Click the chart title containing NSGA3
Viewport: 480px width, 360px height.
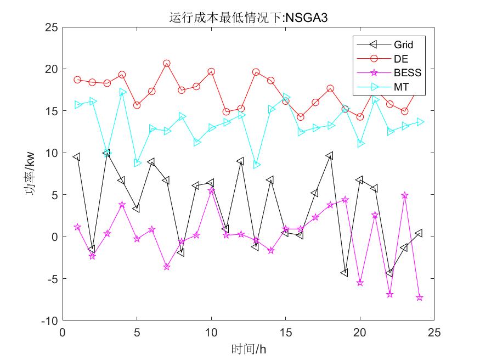coord(249,18)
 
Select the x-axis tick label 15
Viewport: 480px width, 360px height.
coord(285,333)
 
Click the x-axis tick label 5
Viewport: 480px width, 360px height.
coord(137,333)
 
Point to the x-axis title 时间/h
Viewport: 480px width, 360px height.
coord(249,348)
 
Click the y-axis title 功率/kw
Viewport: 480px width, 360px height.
coord(31,173)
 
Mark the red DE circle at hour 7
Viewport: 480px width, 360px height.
coord(166,64)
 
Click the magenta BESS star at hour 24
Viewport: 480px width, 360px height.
coord(420,297)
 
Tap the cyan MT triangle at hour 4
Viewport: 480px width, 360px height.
coord(122,92)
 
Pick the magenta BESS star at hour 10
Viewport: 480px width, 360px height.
coord(211,190)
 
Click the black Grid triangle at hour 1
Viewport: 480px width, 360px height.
coord(77,157)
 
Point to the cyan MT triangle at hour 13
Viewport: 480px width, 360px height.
coord(256,165)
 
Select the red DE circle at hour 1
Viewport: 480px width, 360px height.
coord(77,80)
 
